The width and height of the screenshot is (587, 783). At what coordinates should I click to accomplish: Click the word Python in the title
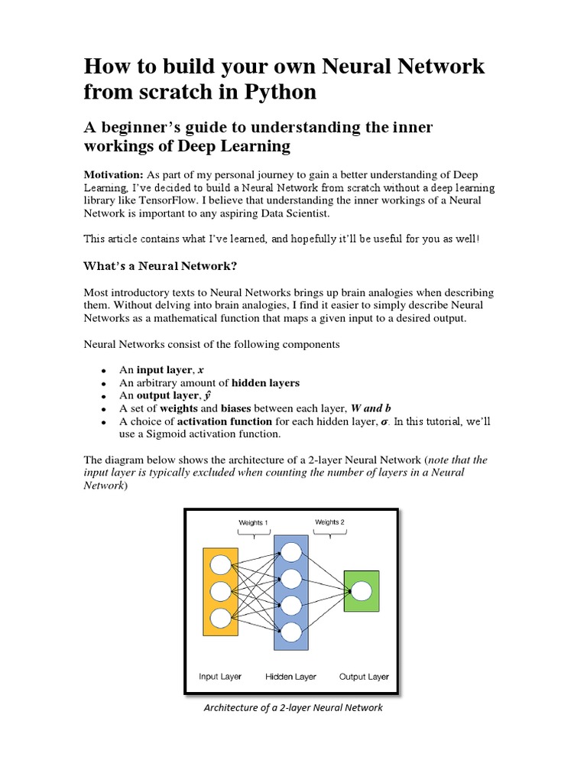(277, 93)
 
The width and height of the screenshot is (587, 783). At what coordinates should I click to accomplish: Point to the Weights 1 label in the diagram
(253, 523)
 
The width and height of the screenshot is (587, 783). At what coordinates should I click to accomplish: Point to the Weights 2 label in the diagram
(329, 522)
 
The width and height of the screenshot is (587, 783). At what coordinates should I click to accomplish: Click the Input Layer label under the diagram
(220, 677)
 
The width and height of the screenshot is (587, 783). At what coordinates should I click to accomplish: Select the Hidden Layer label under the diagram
(291, 677)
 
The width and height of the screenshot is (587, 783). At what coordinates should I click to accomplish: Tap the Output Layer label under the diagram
(364, 677)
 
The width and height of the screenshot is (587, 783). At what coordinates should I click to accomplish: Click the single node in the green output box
(361, 590)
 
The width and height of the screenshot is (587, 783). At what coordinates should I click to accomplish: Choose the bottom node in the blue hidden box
(291, 632)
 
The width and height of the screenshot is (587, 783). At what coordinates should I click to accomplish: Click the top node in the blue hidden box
(291, 551)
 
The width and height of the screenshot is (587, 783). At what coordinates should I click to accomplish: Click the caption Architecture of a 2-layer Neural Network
(293, 708)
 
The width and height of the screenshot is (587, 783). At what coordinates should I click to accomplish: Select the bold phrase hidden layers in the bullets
(265, 382)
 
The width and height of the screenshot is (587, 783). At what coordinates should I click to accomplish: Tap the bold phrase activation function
(224, 421)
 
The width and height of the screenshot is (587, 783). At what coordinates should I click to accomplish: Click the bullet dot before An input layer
(102, 370)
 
